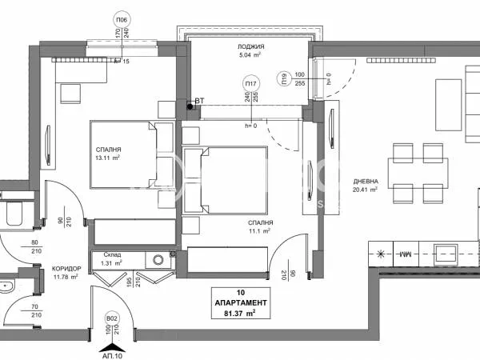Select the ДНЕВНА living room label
point(366,181)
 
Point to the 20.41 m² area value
point(366,191)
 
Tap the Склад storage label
point(111,253)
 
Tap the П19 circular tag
point(283,78)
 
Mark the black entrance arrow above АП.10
point(110,342)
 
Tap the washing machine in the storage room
point(158,258)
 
